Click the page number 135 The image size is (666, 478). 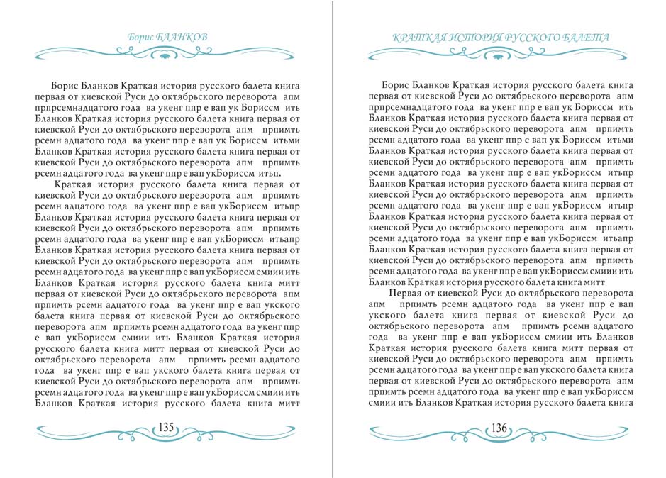166,428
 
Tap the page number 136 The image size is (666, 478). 499,428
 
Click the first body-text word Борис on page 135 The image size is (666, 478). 67,84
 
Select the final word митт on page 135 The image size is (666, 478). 289,404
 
